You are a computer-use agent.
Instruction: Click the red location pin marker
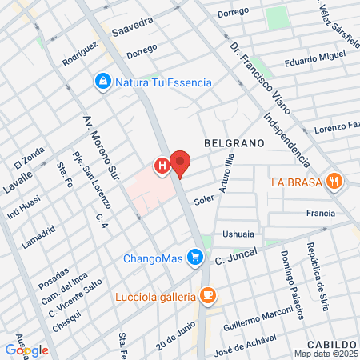(x=181, y=163)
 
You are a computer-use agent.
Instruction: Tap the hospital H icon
(x=162, y=166)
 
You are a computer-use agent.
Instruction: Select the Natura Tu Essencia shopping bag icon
(x=103, y=82)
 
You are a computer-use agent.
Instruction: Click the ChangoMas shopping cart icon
(x=194, y=258)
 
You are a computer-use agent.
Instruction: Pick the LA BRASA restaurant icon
(x=334, y=182)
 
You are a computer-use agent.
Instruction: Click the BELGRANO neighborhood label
(x=234, y=142)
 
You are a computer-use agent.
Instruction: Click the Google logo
(x=27, y=350)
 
